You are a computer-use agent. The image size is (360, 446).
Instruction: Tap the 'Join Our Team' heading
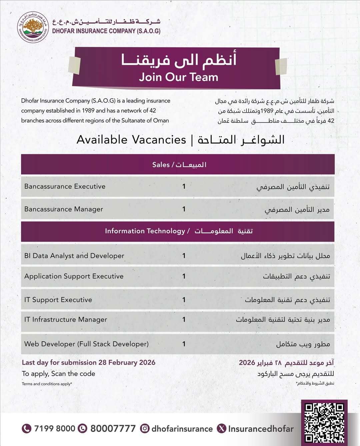(179, 77)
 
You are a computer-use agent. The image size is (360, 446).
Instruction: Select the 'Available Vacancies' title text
(131, 139)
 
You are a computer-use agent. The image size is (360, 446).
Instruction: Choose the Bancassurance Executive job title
(65, 186)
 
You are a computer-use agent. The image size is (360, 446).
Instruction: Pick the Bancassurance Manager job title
(64, 209)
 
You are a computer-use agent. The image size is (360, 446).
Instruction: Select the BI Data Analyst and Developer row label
(74, 256)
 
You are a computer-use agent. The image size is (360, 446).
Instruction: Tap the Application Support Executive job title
(74, 276)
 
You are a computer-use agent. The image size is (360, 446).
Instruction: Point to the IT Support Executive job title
(58, 300)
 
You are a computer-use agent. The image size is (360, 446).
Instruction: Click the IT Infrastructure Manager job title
(66, 319)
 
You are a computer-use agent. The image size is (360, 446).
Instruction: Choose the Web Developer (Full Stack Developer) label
(86, 344)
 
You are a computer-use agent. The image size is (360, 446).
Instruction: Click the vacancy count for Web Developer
(184, 344)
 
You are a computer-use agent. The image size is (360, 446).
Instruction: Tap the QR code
(324, 423)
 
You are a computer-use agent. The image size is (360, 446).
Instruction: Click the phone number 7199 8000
(55, 428)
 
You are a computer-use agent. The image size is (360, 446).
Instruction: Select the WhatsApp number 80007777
(113, 428)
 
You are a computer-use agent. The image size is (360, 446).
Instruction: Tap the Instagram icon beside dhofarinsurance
(145, 428)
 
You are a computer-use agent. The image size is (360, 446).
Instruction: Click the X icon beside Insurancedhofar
(221, 428)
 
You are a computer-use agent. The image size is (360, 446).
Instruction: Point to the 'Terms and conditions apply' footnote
(47, 384)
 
